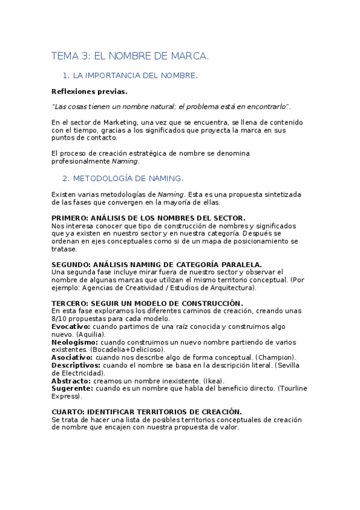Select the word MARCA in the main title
tap(189, 56)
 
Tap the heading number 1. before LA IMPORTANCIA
tap(66, 76)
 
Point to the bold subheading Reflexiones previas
tap(90, 92)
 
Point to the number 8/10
tap(60, 318)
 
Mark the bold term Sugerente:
tap(72, 389)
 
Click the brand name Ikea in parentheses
tap(211, 381)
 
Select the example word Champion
tap(273, 357)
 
